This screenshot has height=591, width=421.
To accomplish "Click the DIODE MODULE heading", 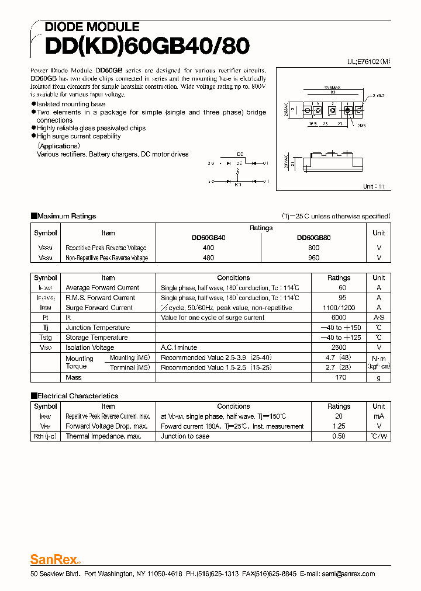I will pyautogui.click(x=92, y=27).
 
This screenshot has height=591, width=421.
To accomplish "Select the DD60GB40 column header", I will pyautogui.click(x=208, y=238).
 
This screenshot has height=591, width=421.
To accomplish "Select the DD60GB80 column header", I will pyautogui.click(x=313, y=238).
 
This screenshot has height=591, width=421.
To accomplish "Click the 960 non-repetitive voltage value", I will pyautogui.click(x=313, y=258).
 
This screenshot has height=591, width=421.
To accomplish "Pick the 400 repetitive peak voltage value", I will pyautogui.click(x=208, y=248).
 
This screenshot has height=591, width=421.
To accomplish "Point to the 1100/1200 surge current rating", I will pyautogui.click(x=339, y=308).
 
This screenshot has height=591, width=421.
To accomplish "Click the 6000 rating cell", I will pyautogui.click(x=339, y=318).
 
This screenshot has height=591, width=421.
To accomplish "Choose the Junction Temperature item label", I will pyautogui.click(x=98, y=328).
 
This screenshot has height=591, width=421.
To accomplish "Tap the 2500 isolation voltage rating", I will pyautogui.click(x=339, y=347).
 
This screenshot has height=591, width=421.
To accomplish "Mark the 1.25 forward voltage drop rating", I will pyautogui.click(x=339, y=426).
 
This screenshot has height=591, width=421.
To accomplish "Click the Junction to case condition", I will pyautogui.click(x=185, y=436).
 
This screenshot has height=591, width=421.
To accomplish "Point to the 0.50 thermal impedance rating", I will pyautogui.click(x=339, y=436).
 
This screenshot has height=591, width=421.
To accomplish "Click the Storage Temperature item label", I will pyautogui.click(x=96, y=338).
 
